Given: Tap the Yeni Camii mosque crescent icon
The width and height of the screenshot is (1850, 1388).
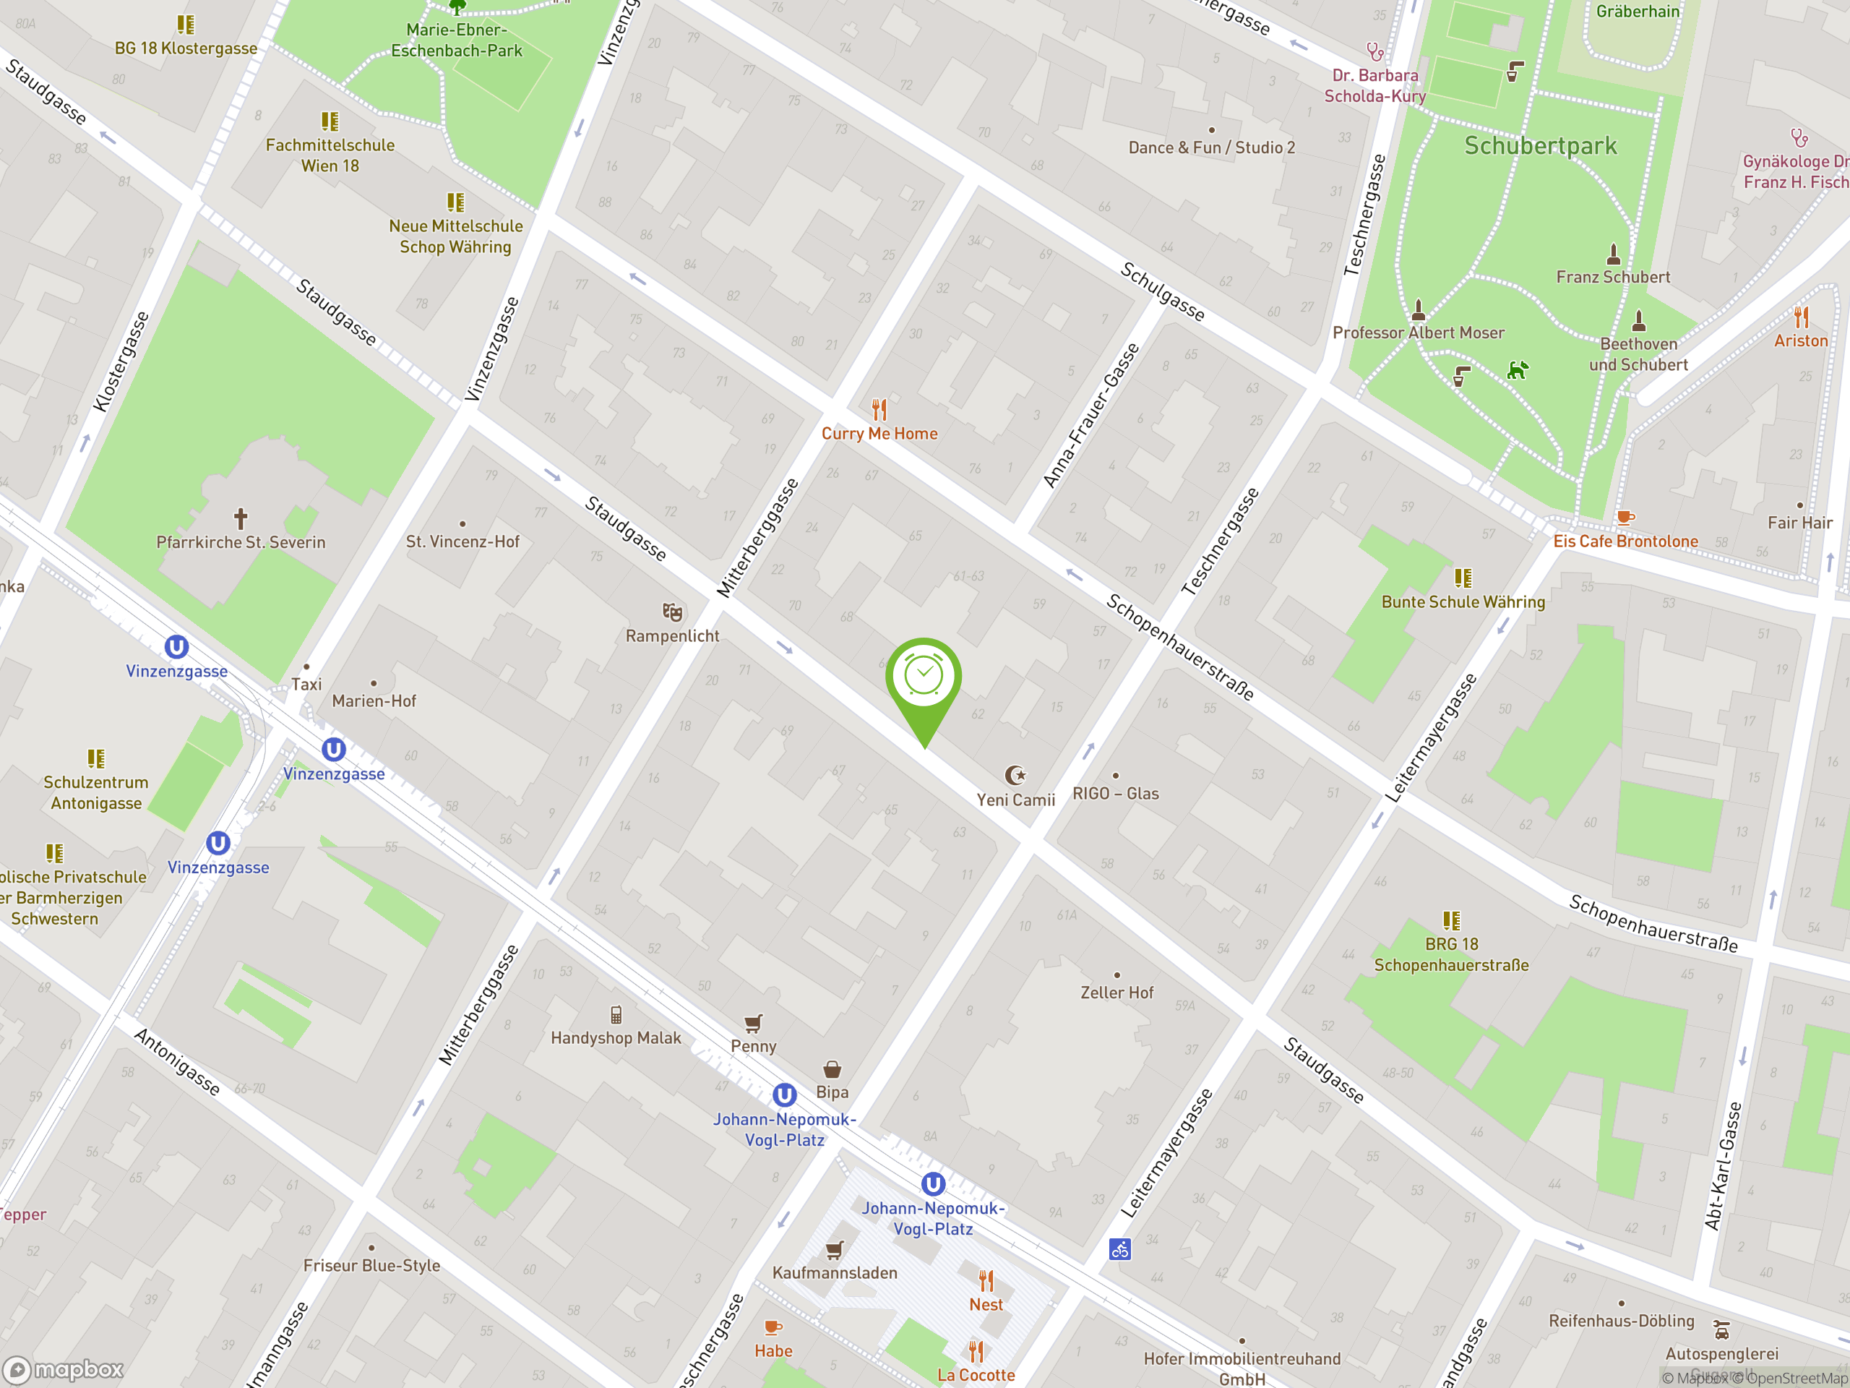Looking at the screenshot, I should click(1015, 776).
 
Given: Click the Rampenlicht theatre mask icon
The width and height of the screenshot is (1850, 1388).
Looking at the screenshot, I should click(672, 612).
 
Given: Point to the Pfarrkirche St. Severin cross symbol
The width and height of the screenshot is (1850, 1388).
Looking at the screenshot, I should click(241, 519).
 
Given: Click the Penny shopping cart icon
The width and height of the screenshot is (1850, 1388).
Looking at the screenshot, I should click(754, 1023).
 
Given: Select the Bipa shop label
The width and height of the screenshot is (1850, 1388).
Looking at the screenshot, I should click(832, 1092).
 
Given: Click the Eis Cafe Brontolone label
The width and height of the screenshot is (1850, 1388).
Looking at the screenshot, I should click(1625, 541).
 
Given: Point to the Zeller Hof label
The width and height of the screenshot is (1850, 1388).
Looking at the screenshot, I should click(1117, 993).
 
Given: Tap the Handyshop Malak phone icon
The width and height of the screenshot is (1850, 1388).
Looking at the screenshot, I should click(616, 1015).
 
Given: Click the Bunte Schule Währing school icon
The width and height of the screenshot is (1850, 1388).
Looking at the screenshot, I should click(1463, 578).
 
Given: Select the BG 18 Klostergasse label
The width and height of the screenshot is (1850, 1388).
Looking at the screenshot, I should click(186, 48).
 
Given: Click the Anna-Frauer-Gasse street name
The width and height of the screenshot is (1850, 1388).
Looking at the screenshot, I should click(1090, 416).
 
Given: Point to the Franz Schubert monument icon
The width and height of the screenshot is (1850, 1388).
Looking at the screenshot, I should click(1613, 254).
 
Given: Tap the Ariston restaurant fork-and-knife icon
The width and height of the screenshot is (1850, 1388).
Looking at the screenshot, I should click(1801, 318).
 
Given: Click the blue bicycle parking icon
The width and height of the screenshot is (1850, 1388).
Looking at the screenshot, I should click(1120, 1250).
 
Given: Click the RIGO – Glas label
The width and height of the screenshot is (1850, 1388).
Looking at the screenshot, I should click(1116, 793).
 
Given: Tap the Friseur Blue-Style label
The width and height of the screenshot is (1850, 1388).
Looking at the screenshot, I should click(371, 1266).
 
